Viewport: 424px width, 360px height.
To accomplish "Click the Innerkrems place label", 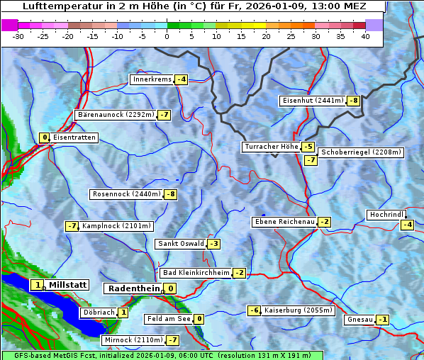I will coord(152,79).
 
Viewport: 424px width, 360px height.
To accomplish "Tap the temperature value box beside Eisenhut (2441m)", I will coord(353,101).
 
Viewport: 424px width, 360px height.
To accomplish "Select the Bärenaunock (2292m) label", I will coord(115,114).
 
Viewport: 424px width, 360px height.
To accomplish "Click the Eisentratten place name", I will coord(74,137).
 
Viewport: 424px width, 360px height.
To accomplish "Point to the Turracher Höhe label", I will coord(271,147).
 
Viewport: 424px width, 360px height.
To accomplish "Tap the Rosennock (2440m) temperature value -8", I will coord(170,194).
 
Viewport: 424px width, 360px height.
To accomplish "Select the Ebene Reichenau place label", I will coord(284,222).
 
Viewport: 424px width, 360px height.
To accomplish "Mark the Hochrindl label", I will coord(386,215).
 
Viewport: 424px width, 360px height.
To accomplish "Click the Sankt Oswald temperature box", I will coord(213,244).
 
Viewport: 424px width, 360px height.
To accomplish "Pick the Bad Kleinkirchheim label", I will coord(196,273).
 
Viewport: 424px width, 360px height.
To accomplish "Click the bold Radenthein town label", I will coord(133,288).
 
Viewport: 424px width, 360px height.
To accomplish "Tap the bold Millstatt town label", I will coord(67,285).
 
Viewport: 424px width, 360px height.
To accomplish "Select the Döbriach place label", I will coord(99,313).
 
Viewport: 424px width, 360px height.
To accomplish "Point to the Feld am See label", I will coord(169,319).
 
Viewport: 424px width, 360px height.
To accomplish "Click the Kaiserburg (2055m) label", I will coord(298,310).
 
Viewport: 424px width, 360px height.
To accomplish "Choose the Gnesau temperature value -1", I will coord(383,320).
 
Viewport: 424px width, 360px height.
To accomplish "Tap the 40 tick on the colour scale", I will coord(365,36).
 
